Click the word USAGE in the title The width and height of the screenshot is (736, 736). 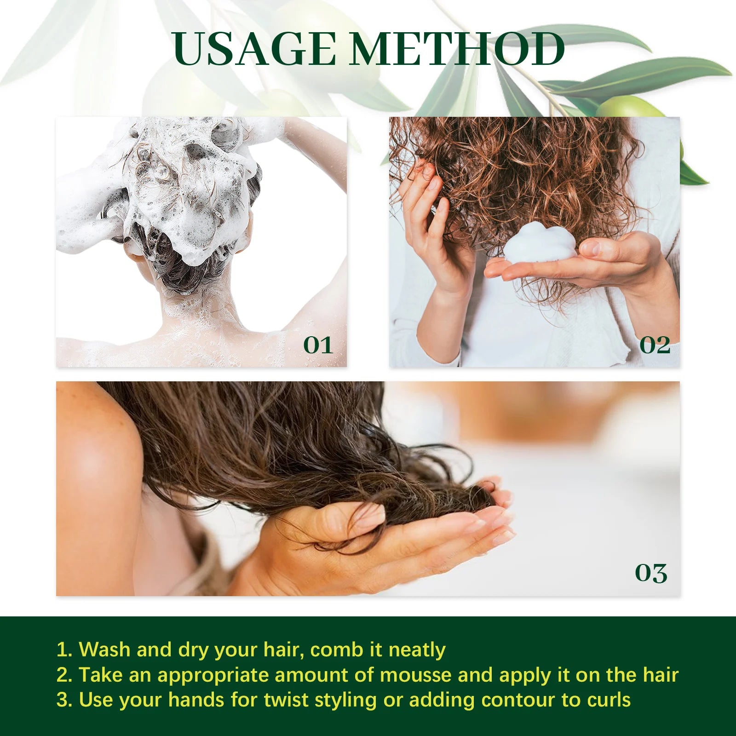pyautogui.click(x=254, y=49)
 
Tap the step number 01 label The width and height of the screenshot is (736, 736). pyautogui.click(x=318, y=345)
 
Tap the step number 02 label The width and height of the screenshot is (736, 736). pyautogui.click(x=655, y=345)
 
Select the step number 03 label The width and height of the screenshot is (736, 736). pyautogui.click(x=650, y=573)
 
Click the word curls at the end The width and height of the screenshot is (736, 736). pyautogui.click(x=609, y=700)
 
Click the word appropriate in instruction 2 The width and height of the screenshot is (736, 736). pyautogui.click(x=213, y=675)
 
